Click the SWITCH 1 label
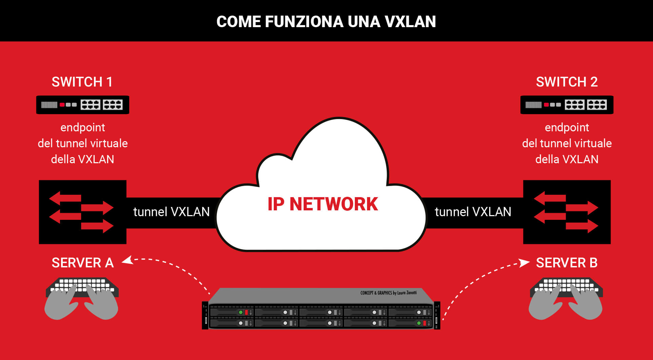coord(82,82)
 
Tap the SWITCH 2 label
coord(566,82)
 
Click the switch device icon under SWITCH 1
coord(82,105)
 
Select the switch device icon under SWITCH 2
coord(566,105)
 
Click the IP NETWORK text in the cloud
coord(323,204)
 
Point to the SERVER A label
coord(82,263)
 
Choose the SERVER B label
coord(566,263)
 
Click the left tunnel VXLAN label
coord(171,212)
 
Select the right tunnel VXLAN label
coord(473,212)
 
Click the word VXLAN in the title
coord(410,21)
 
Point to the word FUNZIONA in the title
coord(304,21)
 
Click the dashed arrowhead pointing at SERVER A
coord(127,260)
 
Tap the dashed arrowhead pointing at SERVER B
coord(524,263)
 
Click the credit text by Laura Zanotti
coord(388,292)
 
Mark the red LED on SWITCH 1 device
coord(62,105)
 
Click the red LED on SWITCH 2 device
coord(546,105)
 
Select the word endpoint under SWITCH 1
coord(82,128)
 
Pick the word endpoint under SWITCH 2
coord(566,128)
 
